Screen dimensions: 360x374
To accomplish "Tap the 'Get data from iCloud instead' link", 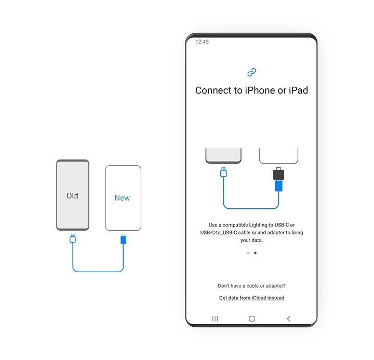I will click(251, 298).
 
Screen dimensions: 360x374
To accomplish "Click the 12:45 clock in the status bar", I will click(202, 42).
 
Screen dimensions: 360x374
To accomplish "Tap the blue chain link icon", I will click(252, 72).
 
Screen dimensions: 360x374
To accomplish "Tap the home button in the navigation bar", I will click(252, 318).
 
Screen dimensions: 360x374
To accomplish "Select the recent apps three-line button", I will click(215, 318).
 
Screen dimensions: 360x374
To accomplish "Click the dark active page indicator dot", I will click(255, 253).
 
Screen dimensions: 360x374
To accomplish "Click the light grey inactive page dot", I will click(248, 253).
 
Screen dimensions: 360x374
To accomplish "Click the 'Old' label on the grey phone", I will click(72, 196).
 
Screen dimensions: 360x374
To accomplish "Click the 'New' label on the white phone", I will click(123, 198).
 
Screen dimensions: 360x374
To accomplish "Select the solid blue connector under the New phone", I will click(123, 239).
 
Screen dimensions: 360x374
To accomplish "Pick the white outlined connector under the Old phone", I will click(73, 238).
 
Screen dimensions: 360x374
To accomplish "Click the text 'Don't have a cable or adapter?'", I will click(251, 286).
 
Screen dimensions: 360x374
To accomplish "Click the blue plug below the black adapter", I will click(279, 185).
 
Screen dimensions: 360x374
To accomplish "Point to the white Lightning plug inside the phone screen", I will click(223, 172).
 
